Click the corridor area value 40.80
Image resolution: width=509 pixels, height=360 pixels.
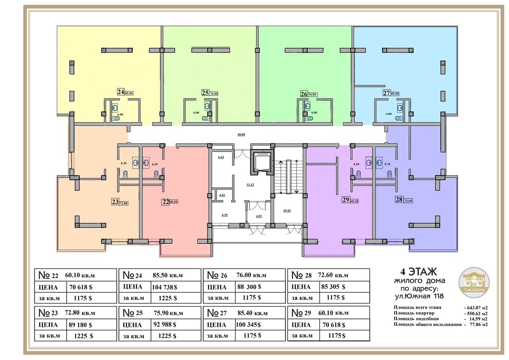click(x=241, y=135)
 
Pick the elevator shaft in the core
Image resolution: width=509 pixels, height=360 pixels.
click(x=262, y=162)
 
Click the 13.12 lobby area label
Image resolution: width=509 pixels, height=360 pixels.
click(x=250, y=185)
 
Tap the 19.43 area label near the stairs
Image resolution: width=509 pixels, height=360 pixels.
click(x=287, y=211)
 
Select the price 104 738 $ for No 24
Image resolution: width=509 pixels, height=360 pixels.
click(x=165, y=287)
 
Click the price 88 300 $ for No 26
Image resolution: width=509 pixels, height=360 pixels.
click(x=249, y=287)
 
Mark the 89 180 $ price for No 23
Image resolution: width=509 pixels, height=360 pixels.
click(x=81, y=325)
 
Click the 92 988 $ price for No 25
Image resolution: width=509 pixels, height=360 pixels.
click(x=165, y=324)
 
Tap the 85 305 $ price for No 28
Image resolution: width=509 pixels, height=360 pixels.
click(x=333, y=287)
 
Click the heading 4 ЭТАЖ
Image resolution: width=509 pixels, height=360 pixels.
click(x=418, y=272)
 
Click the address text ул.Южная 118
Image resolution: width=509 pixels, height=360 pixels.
click(x=419, y=296)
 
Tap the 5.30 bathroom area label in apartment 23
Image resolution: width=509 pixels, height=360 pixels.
click(x=123, y=163)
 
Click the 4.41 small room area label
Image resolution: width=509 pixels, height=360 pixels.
click(x=222, y=195)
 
